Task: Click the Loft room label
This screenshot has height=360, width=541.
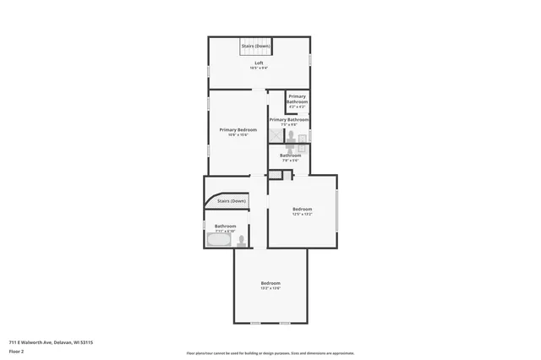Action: (x=259, y=63)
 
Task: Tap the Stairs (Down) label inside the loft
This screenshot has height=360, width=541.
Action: (x=255, y=46)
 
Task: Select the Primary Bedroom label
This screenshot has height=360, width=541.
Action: (x=238, y=129)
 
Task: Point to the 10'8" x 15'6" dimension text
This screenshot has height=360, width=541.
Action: (x=238, y=134)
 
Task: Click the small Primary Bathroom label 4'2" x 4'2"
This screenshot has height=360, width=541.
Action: (x=297, y=101)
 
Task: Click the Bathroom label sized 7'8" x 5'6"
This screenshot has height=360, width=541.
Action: (x=291, y=155)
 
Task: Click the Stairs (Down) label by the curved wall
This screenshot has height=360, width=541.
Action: (x=231, y=201)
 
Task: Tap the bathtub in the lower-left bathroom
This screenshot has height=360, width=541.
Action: (x=217, y=241)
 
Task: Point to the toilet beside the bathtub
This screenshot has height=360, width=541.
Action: (x=242, y=241)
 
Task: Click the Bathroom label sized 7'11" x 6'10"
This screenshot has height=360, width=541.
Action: (x=225, y=226)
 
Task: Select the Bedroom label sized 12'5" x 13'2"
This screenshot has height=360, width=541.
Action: (x=302, y=210)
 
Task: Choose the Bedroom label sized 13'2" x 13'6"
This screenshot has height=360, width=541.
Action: (x=270, y=283)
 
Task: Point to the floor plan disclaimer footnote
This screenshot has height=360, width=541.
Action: (x=270, y=353)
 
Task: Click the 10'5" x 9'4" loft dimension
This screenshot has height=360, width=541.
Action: (x=259, y=68)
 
